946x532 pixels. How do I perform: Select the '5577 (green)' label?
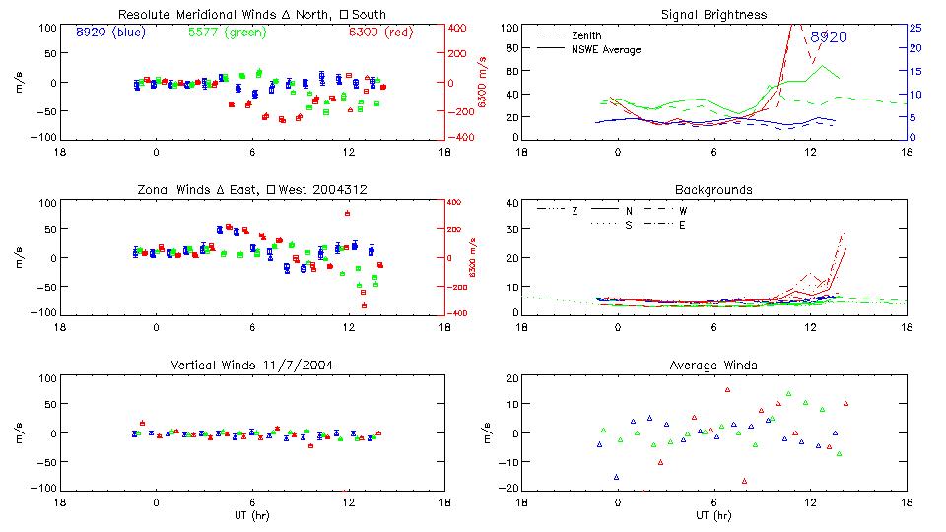pos(228,32)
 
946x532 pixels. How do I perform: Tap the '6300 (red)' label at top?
pos(379,32)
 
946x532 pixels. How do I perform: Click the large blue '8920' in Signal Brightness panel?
pos(829,36)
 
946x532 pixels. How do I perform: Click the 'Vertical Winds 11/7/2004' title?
pos(251,365)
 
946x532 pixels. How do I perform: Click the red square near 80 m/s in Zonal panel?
pos(348,213)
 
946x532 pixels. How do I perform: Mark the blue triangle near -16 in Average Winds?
pos(617,477)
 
